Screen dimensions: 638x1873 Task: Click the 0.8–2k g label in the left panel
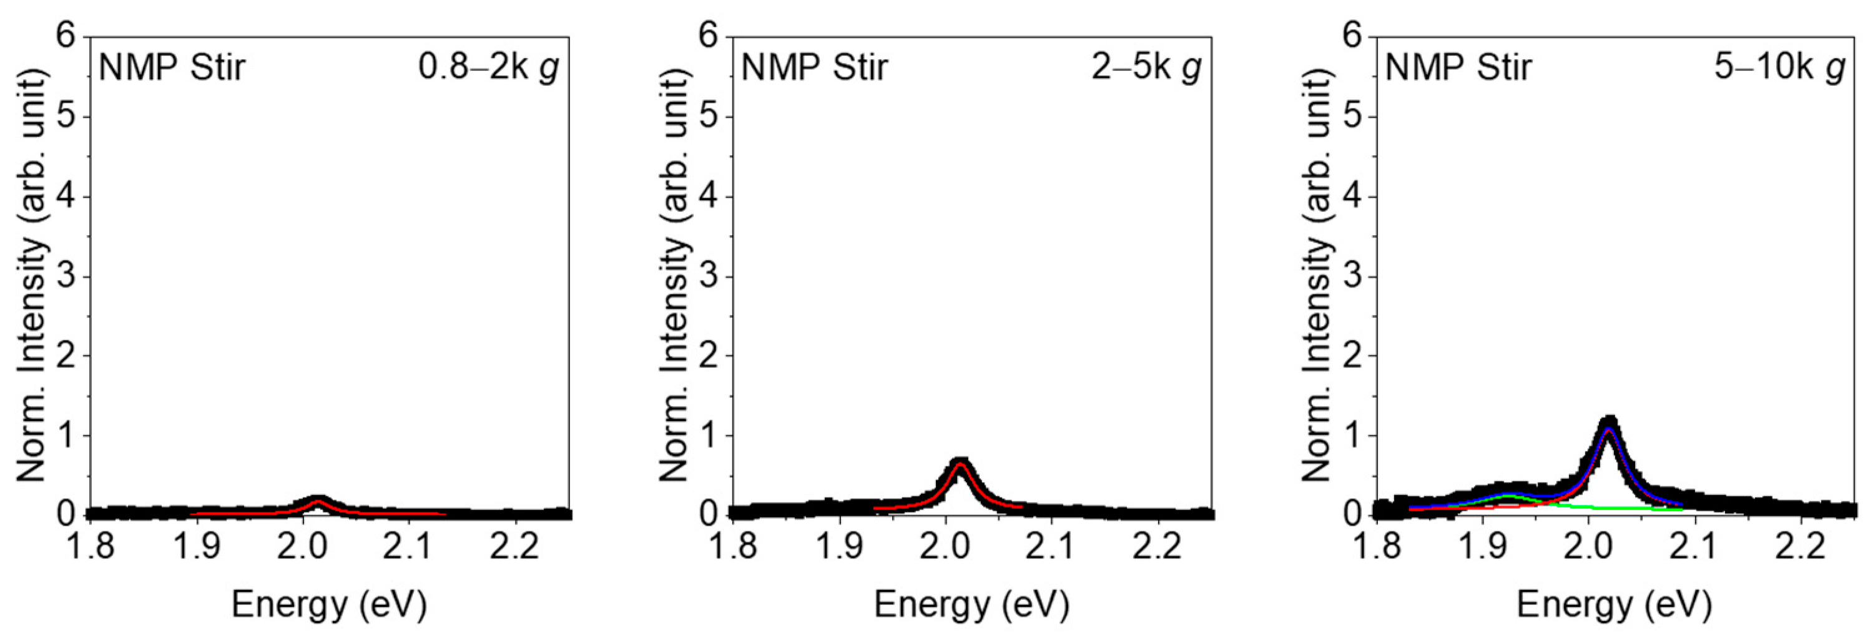click(x=488, y=67)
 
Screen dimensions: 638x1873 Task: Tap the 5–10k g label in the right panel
click(x=1780, y=67)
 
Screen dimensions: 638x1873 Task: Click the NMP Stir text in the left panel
click(x=172, y=67)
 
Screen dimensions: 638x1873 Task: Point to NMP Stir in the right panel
click(x=1458, y=67)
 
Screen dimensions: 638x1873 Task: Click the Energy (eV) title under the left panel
click(x=328, y=604)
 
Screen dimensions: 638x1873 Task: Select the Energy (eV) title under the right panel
click(x=1614, y=604)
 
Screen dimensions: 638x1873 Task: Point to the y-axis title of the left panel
click(x=31, y=276)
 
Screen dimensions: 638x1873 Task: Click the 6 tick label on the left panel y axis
click(x=66, y=36)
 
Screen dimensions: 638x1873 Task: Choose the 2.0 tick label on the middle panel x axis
click(x=945, y=546)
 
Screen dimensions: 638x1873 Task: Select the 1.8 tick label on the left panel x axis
click(x=90, y=546)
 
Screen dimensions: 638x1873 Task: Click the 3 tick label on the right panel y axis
click(x=1352, y=276)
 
